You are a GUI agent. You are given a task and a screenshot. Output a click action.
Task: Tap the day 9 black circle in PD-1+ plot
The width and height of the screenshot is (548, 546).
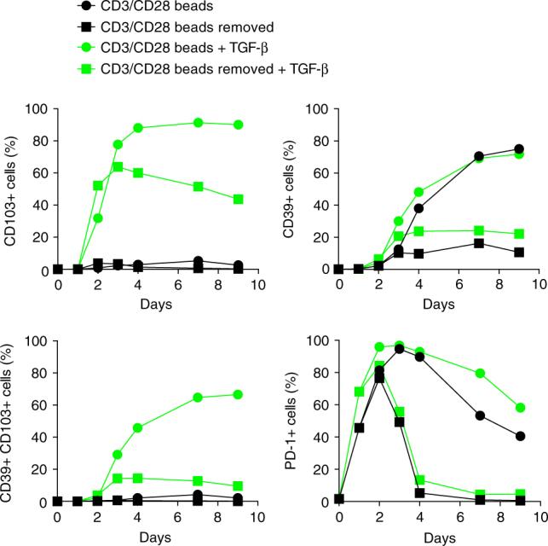coord(520,436)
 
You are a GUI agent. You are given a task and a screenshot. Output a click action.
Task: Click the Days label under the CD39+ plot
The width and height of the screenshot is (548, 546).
coord(439,304)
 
